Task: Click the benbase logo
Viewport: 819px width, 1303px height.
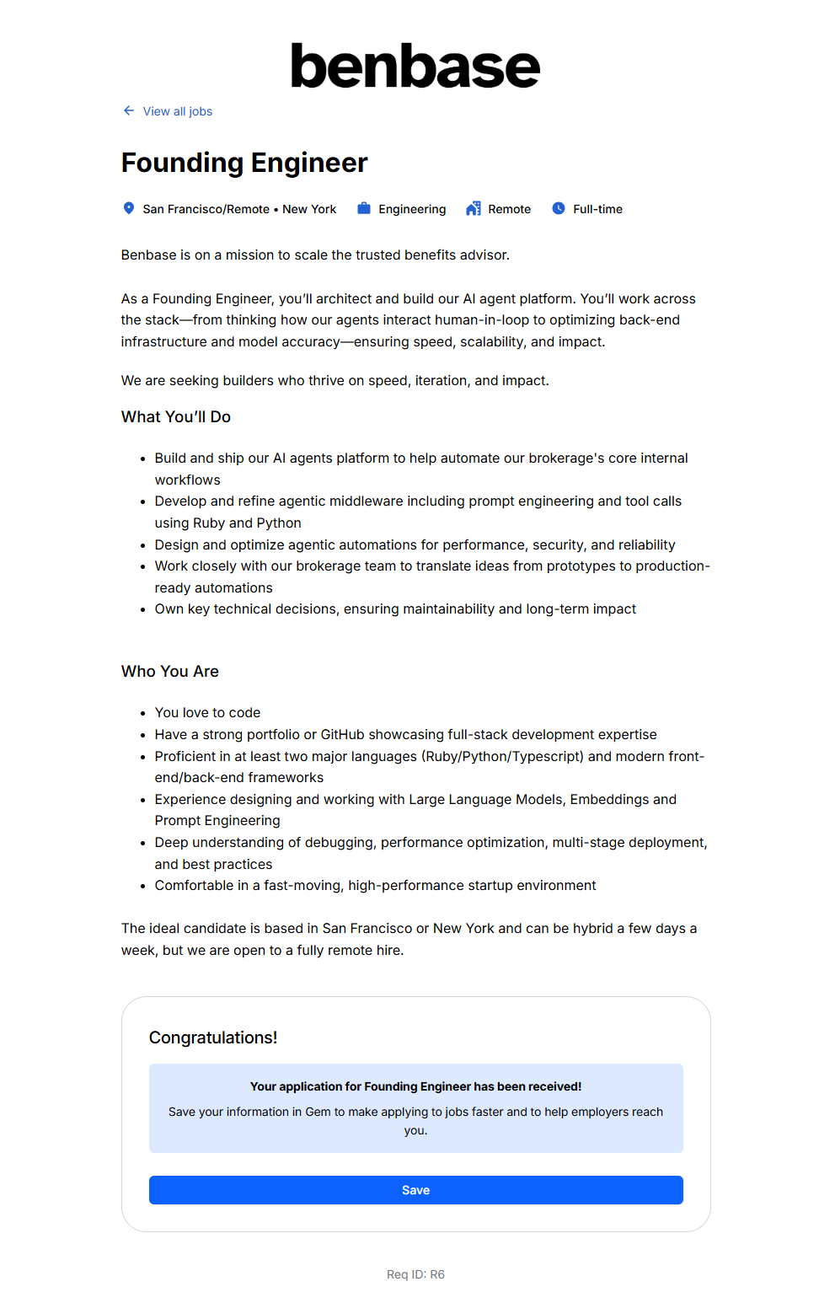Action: click(415, 67)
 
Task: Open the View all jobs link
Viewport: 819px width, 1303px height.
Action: click(177, 111)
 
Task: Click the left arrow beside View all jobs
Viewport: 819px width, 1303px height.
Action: click(129, 110)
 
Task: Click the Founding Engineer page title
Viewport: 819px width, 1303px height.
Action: click(244, 163)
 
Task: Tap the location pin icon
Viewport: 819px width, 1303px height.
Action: click(129, 208)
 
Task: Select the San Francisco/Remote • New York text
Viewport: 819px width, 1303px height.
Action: click(239, 209)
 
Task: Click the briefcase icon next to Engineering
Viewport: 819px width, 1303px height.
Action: click(364, 208)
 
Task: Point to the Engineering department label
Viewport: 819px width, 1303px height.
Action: click(412, 209)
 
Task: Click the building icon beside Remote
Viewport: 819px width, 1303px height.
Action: click(474, 208)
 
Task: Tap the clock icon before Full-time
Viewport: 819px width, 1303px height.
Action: click(559, 208)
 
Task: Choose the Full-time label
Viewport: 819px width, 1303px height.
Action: click(597, 209)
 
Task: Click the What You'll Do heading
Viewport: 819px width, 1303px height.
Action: click(176, 417)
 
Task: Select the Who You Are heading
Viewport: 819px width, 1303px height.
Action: click(170, 672)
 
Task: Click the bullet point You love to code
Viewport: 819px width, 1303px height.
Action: click(207, 713)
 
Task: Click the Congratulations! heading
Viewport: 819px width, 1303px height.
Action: click(213, 1038)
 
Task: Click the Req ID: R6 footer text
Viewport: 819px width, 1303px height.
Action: click(415, 1274)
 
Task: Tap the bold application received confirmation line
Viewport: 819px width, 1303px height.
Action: click(415, 1086)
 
